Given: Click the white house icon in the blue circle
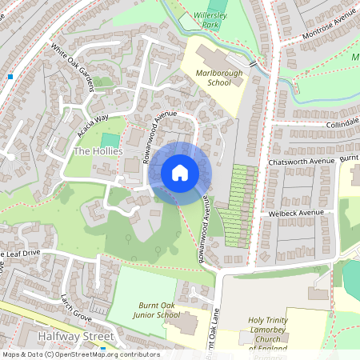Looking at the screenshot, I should [x=179, y=173].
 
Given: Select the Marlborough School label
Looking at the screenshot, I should [x=213, y=77].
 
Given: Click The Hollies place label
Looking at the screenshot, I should [x=98, y=151].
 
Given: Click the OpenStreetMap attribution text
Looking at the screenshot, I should [x=80, y=354].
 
